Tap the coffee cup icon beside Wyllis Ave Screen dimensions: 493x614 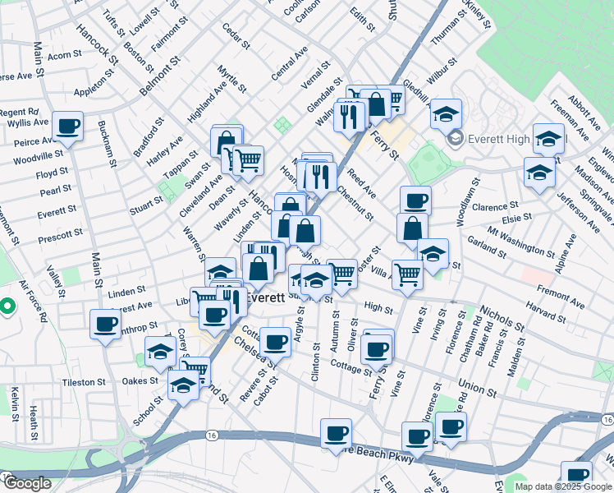coord(68,127)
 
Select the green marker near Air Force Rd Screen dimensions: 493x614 coord(7,307)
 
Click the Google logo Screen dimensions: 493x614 coord(26,483)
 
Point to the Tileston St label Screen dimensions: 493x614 coord(85,382)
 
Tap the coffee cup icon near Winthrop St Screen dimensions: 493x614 coord(106,325)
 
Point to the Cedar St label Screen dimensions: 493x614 coord(236,36)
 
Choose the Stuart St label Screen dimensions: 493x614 coord(146,201)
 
